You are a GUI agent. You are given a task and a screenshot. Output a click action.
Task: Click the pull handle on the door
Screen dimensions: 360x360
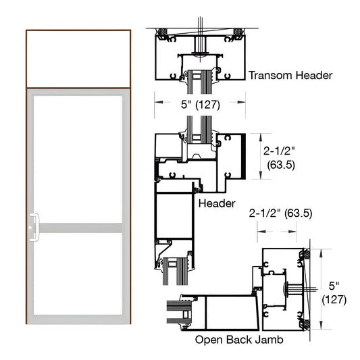34,226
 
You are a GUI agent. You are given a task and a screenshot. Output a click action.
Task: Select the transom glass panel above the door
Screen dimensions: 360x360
78,58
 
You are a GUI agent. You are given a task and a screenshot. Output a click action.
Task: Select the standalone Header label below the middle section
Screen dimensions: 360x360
217,203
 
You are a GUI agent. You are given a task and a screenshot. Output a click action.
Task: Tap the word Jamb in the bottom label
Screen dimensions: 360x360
266,340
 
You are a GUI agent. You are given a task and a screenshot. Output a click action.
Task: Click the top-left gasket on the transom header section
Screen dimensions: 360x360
162,32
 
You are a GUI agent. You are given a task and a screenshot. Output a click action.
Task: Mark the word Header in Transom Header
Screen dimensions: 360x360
314,76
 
